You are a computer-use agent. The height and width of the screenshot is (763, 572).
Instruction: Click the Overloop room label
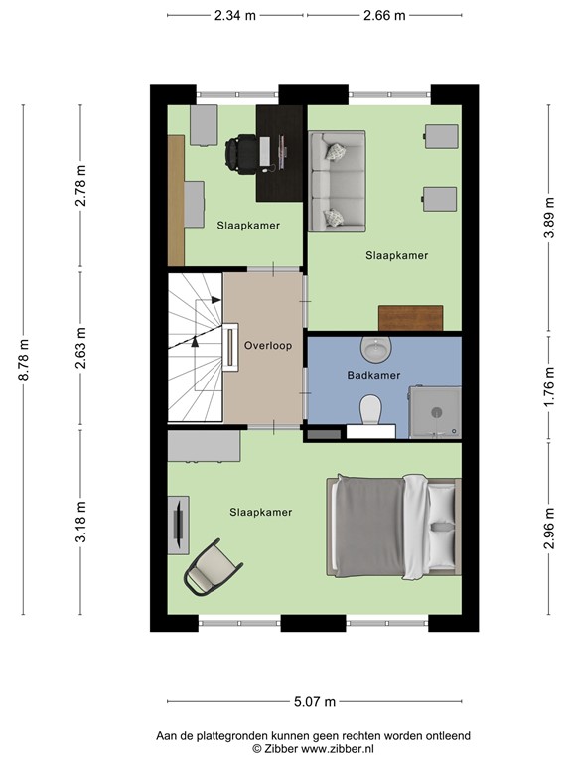point(268,346)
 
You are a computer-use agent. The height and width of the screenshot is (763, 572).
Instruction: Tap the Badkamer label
point(373,375)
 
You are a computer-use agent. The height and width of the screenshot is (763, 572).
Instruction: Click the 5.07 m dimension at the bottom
point(315,701)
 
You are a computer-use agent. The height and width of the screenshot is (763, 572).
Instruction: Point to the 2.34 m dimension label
point(235,16)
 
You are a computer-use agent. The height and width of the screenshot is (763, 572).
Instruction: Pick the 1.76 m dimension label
point(549,387)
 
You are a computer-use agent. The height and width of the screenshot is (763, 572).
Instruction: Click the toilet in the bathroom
point(371,409)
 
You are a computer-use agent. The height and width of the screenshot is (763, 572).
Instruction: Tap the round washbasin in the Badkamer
point(376,349)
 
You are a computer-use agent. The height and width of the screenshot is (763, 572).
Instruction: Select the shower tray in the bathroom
point(434,412)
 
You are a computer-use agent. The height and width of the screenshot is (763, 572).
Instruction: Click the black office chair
point(241,153)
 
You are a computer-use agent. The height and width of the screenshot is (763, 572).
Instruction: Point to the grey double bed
point(393,528)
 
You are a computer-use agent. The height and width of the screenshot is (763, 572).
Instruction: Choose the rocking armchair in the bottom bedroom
point(213,567)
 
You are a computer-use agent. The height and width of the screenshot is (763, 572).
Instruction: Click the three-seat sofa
point(337,181)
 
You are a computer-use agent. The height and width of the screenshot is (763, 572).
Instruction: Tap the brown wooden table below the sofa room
point(410,318)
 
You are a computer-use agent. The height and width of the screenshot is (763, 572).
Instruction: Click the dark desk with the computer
point(279,153)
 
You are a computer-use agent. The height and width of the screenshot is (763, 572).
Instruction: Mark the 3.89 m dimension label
point(549,217)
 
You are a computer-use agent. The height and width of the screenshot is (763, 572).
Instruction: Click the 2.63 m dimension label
point(81,348)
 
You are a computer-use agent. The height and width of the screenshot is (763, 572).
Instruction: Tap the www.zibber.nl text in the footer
point(338,748)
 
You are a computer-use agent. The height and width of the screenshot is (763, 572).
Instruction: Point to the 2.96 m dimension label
point(549,528)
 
